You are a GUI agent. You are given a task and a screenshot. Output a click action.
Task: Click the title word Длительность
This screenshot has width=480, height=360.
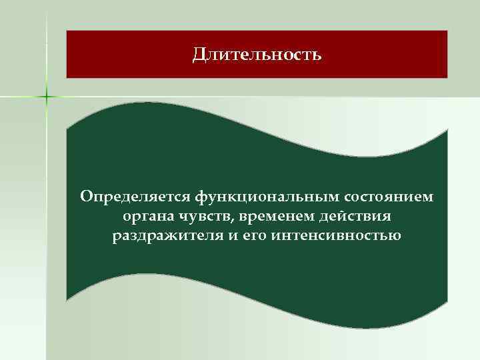257,53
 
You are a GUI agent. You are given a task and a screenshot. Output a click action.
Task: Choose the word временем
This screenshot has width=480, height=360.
272,217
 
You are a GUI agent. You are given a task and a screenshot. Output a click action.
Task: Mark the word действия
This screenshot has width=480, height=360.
353,217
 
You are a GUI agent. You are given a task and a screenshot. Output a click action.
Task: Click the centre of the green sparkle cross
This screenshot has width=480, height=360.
47,97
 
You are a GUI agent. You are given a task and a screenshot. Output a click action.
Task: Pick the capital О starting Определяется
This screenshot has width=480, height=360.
85,197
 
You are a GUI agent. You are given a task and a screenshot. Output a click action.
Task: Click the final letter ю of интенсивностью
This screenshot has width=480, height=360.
395,237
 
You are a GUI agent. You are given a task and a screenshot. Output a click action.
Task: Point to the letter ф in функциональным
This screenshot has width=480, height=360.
201,198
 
